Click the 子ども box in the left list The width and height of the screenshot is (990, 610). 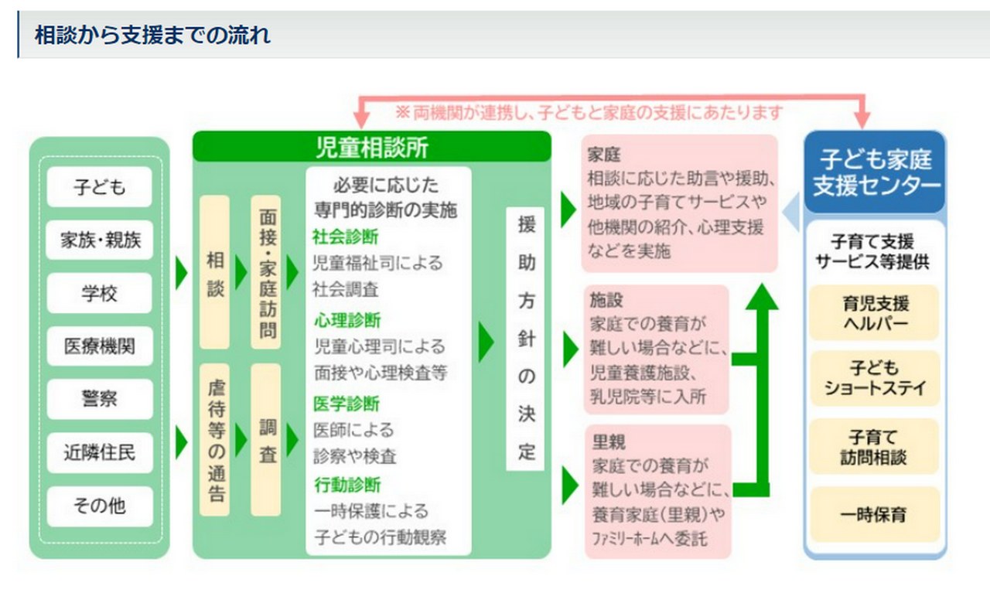[x=100, y=187]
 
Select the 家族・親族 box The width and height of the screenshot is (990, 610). [x=100, y=240]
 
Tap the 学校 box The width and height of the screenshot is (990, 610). [x=100, y=293]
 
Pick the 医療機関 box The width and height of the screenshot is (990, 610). [x=100, y=346]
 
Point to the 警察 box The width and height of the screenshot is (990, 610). [x=100, y=399]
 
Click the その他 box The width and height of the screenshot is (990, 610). [x=100, y=506]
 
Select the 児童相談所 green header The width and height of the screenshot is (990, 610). [x=372, y=147]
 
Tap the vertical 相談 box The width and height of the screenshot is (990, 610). [x=215, y=272]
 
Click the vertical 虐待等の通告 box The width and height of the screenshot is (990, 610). [x=215, y=440]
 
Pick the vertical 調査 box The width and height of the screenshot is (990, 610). [x=266, y=440]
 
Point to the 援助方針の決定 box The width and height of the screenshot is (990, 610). [x=525, y=339]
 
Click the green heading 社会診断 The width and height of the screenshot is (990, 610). [x=346, y=237]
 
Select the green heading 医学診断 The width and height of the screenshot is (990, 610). [x=346, y=404]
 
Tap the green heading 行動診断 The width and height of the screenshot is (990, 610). [x=347, y=485]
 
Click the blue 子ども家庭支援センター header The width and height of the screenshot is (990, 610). [x=875, y=172]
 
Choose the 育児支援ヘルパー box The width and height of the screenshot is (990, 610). [x=875, y=312]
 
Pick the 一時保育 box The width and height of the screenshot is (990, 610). [x=875, y=514]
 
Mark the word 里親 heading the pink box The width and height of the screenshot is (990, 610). [x=609, y=441]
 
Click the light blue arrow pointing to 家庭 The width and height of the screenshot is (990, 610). [x=792, y=212]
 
